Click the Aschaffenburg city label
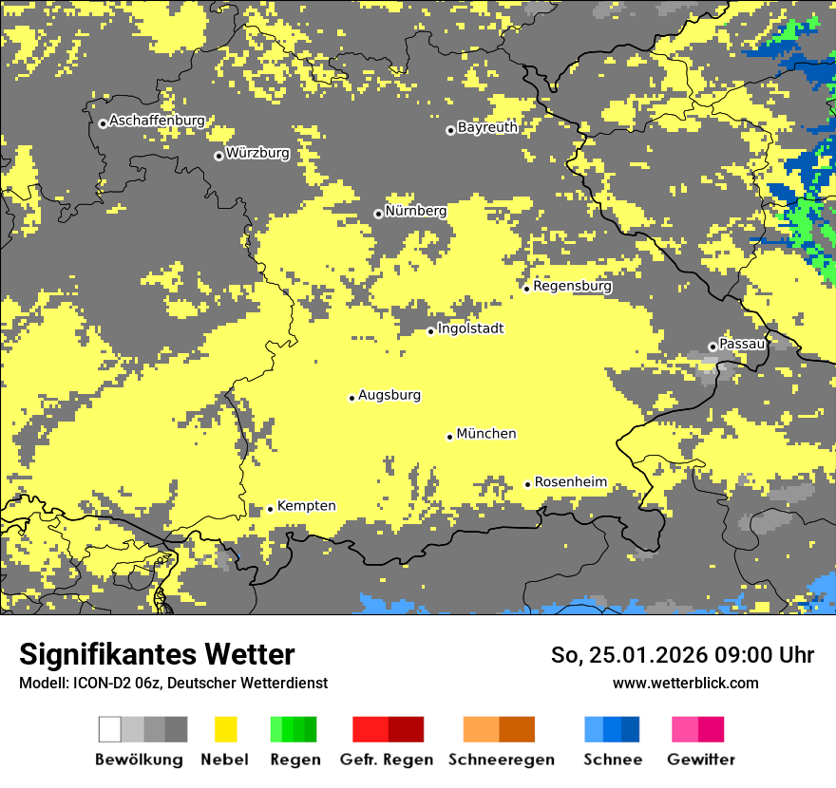157,121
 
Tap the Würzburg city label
257,153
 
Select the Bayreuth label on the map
487,127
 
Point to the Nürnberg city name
415,211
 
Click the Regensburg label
572,286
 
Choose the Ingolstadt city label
470,328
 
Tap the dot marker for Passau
712,347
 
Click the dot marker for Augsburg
351,398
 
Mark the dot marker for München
450,437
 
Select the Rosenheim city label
570,482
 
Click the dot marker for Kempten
270,509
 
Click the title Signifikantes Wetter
157,655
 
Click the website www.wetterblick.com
685,683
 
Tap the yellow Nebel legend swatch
225,729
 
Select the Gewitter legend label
700,760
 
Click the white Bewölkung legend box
110,729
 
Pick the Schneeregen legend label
500,760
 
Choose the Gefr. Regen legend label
387,760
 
